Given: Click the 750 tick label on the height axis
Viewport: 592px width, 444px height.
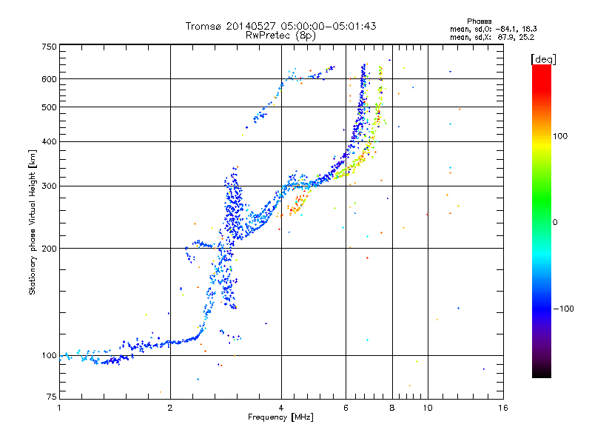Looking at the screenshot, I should click(49, 46).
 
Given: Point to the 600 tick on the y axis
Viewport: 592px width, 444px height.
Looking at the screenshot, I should click(49, 79).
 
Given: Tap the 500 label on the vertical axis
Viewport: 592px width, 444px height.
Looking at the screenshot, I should click(49, 107).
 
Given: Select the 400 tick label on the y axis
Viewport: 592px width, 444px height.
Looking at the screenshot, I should click(49, 141).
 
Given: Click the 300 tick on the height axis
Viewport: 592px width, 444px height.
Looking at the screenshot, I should click(49, 186).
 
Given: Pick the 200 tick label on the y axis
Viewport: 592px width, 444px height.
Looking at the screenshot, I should click(49, 248).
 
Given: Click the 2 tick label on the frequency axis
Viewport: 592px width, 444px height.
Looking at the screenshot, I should click(170, 408).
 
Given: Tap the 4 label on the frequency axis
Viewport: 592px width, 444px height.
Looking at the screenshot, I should click(281, 408).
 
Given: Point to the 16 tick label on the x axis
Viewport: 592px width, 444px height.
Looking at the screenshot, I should click(502, 408).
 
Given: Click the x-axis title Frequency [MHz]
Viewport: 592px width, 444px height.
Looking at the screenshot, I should click(280, 418).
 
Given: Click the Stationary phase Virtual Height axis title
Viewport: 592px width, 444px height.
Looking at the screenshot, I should click(33, 222).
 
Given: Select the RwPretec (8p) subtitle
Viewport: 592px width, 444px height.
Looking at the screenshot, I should click(280, 35).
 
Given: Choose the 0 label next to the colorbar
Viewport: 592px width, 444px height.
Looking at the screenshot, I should click(556, 222).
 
